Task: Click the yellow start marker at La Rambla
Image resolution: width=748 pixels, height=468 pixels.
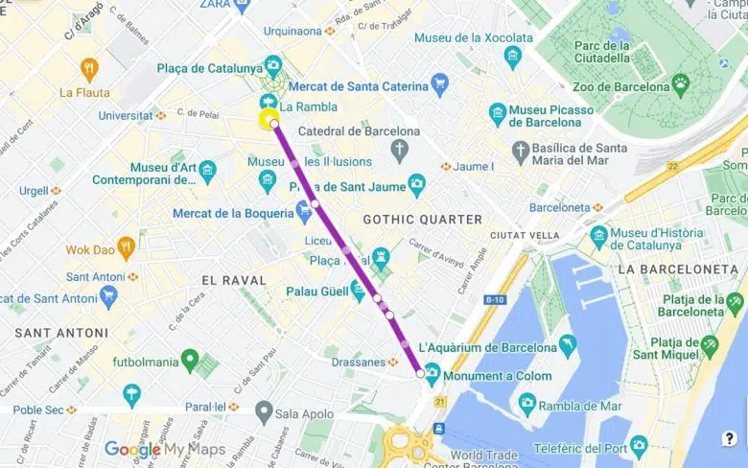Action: pyautogui.click(x=268, y=120)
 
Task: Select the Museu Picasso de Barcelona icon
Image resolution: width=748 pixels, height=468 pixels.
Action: pyautogui.click(x=498, y=115)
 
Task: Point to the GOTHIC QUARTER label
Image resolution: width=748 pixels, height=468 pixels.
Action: pyautogui.click(x=423, y=220)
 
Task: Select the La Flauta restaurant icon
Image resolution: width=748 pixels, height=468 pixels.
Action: pyautogui.click(x=89, y=69)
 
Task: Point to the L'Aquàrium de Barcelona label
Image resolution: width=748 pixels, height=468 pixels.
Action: pyautogui.click(x=500, y=346)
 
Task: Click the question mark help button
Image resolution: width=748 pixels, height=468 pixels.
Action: pyautogui.click(x=729, y=440)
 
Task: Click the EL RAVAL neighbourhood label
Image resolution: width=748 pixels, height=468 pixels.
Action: pyautogui.click(x=233, y=279)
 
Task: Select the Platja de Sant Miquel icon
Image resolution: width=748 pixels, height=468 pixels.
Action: pyautogui.click(x=709, y=343)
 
